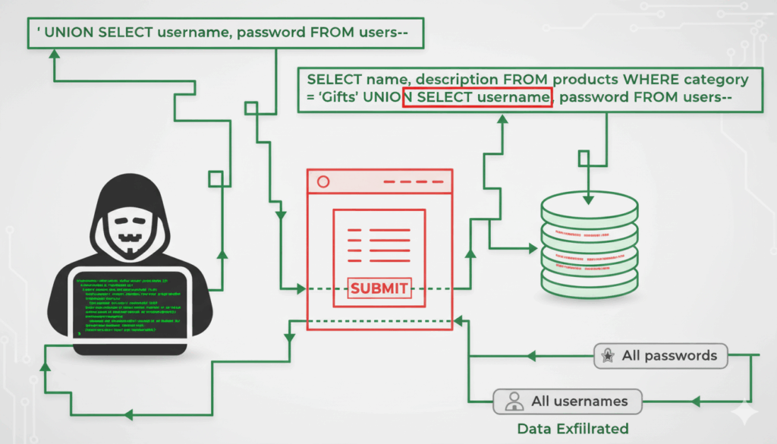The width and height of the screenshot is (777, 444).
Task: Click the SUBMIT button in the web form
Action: coord(379,288)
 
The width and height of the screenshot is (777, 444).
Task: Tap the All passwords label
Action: coord(668,355)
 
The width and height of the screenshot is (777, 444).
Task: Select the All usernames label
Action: coord(580,401)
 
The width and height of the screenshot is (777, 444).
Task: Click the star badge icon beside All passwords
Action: coord(608,355)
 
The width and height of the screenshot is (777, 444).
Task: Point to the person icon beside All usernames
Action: coord(514,401)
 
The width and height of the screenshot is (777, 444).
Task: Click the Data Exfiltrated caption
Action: coord(573,429)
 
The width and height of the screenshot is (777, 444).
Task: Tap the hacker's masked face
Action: coord(131,234)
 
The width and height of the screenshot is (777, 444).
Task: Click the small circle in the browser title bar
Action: coord(323,182)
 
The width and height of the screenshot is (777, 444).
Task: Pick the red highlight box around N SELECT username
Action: coord(477,98)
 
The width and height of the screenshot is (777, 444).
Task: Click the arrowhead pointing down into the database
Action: coord(587,199)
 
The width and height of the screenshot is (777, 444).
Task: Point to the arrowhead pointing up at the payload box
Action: coord(55,57)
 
